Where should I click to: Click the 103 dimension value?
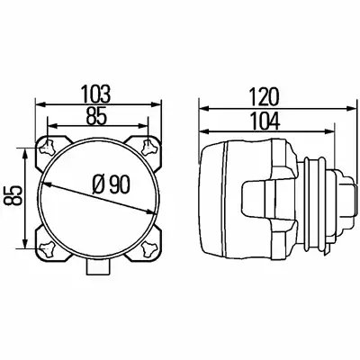tap(96, 94)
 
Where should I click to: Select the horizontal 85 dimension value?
tap(96, 116)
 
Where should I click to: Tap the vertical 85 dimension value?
tap(13, 195)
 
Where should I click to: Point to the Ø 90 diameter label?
tap(111, 184)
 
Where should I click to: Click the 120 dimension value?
tap(265, 97)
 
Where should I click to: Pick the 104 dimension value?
tap(265, 121)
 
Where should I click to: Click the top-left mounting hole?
tap(47, 147)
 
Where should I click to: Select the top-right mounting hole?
tap(149, 147)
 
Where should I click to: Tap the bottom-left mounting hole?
tap(47, 249)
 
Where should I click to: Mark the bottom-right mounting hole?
tap(149, 249)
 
